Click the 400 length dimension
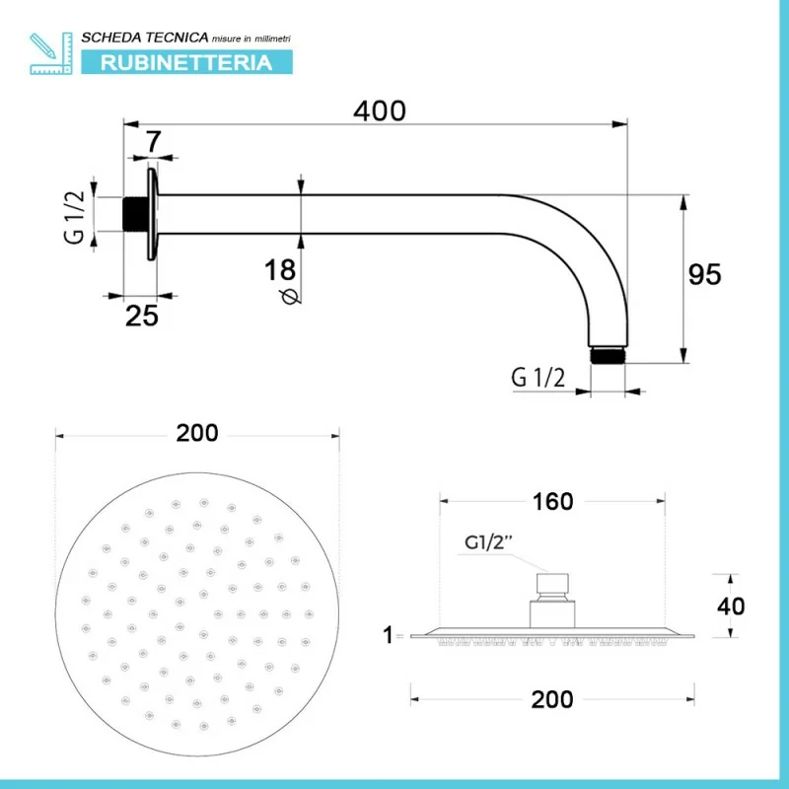point(380,110)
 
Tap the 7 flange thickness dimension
point(153,142)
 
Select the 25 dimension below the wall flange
point(141,316)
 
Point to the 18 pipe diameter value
point(280,269)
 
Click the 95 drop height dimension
point(704,275)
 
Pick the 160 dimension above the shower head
point(552,502)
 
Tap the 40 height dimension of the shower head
point(731,607)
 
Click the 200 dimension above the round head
point(196,433)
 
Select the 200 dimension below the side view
point(552,699)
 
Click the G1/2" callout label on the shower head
point(488,542)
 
